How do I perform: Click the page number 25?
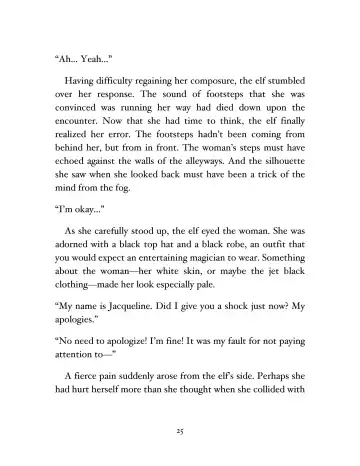[180, 430]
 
